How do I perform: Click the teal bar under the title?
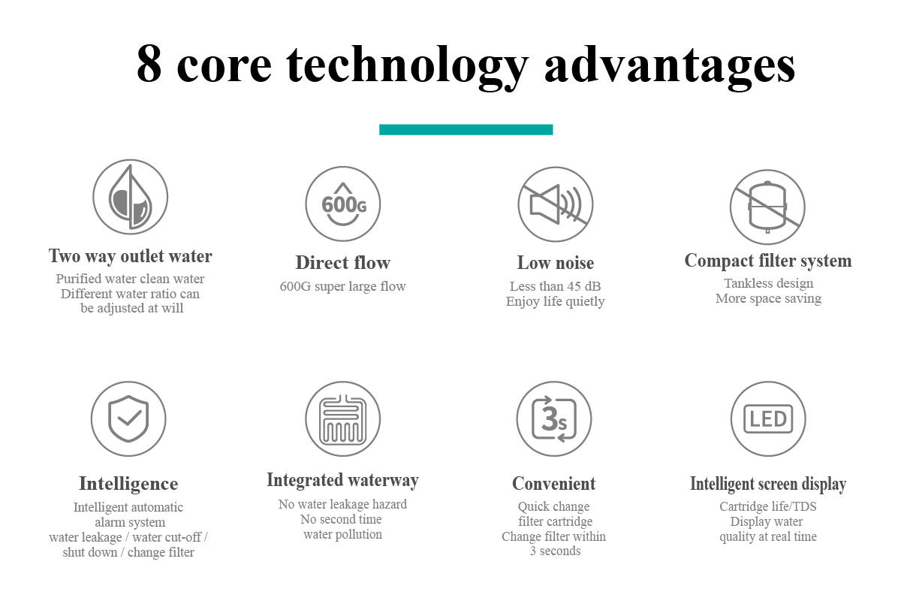click(x=466, y=130)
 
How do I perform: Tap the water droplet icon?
click(x=131, y=196)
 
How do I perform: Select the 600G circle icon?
click(x=342, y=204)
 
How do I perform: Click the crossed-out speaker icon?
click(x=556, y=204)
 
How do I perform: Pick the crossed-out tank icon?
click(x=767, y=207)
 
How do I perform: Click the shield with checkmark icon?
click(x=128, y=418)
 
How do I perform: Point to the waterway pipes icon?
click(x=342, y=418)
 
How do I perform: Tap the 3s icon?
click(x=554, y=418)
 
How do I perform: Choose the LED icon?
click(x=768, y=418)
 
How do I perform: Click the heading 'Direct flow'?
click(x=342, y=262)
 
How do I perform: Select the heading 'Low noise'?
click(x=556, y=262)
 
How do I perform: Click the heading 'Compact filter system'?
click(x=768, y=261)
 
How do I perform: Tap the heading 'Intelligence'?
click(x=128, y=484)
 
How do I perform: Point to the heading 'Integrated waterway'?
click(x=342, y=480)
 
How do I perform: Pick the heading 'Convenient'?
click(x=554, y=484)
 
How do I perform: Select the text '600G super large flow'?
click(x=342, y=286)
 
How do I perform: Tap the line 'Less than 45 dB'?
click(x=555, y=286)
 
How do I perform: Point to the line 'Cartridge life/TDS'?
click(x=768, y=506)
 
